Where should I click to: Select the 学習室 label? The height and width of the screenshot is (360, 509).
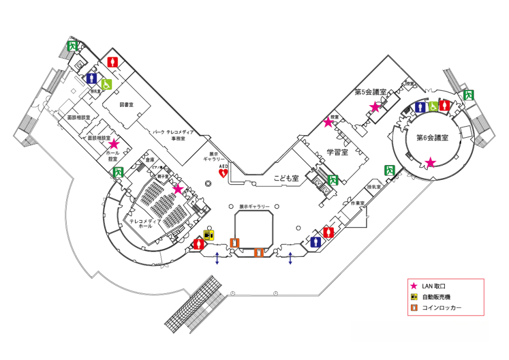click(x=338, y=152)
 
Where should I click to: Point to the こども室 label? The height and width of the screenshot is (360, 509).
click(x=286, y=178)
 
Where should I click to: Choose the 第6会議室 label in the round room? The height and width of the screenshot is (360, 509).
click(x=432, y=137)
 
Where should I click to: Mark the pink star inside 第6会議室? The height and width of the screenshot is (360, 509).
click(x=430, y=162)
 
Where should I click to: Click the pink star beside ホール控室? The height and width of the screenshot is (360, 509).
click(x=114, y=144)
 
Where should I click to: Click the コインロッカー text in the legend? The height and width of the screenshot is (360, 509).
click(x=441, y=308)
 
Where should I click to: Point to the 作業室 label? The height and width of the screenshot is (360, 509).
click(x=357, y=204)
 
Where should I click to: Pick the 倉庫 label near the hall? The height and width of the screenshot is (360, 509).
click(x=150, y=160)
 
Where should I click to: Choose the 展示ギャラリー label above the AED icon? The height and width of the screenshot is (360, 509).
click(x=218, y=155)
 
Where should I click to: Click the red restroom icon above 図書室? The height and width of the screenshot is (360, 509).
click(x=112, y=62)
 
